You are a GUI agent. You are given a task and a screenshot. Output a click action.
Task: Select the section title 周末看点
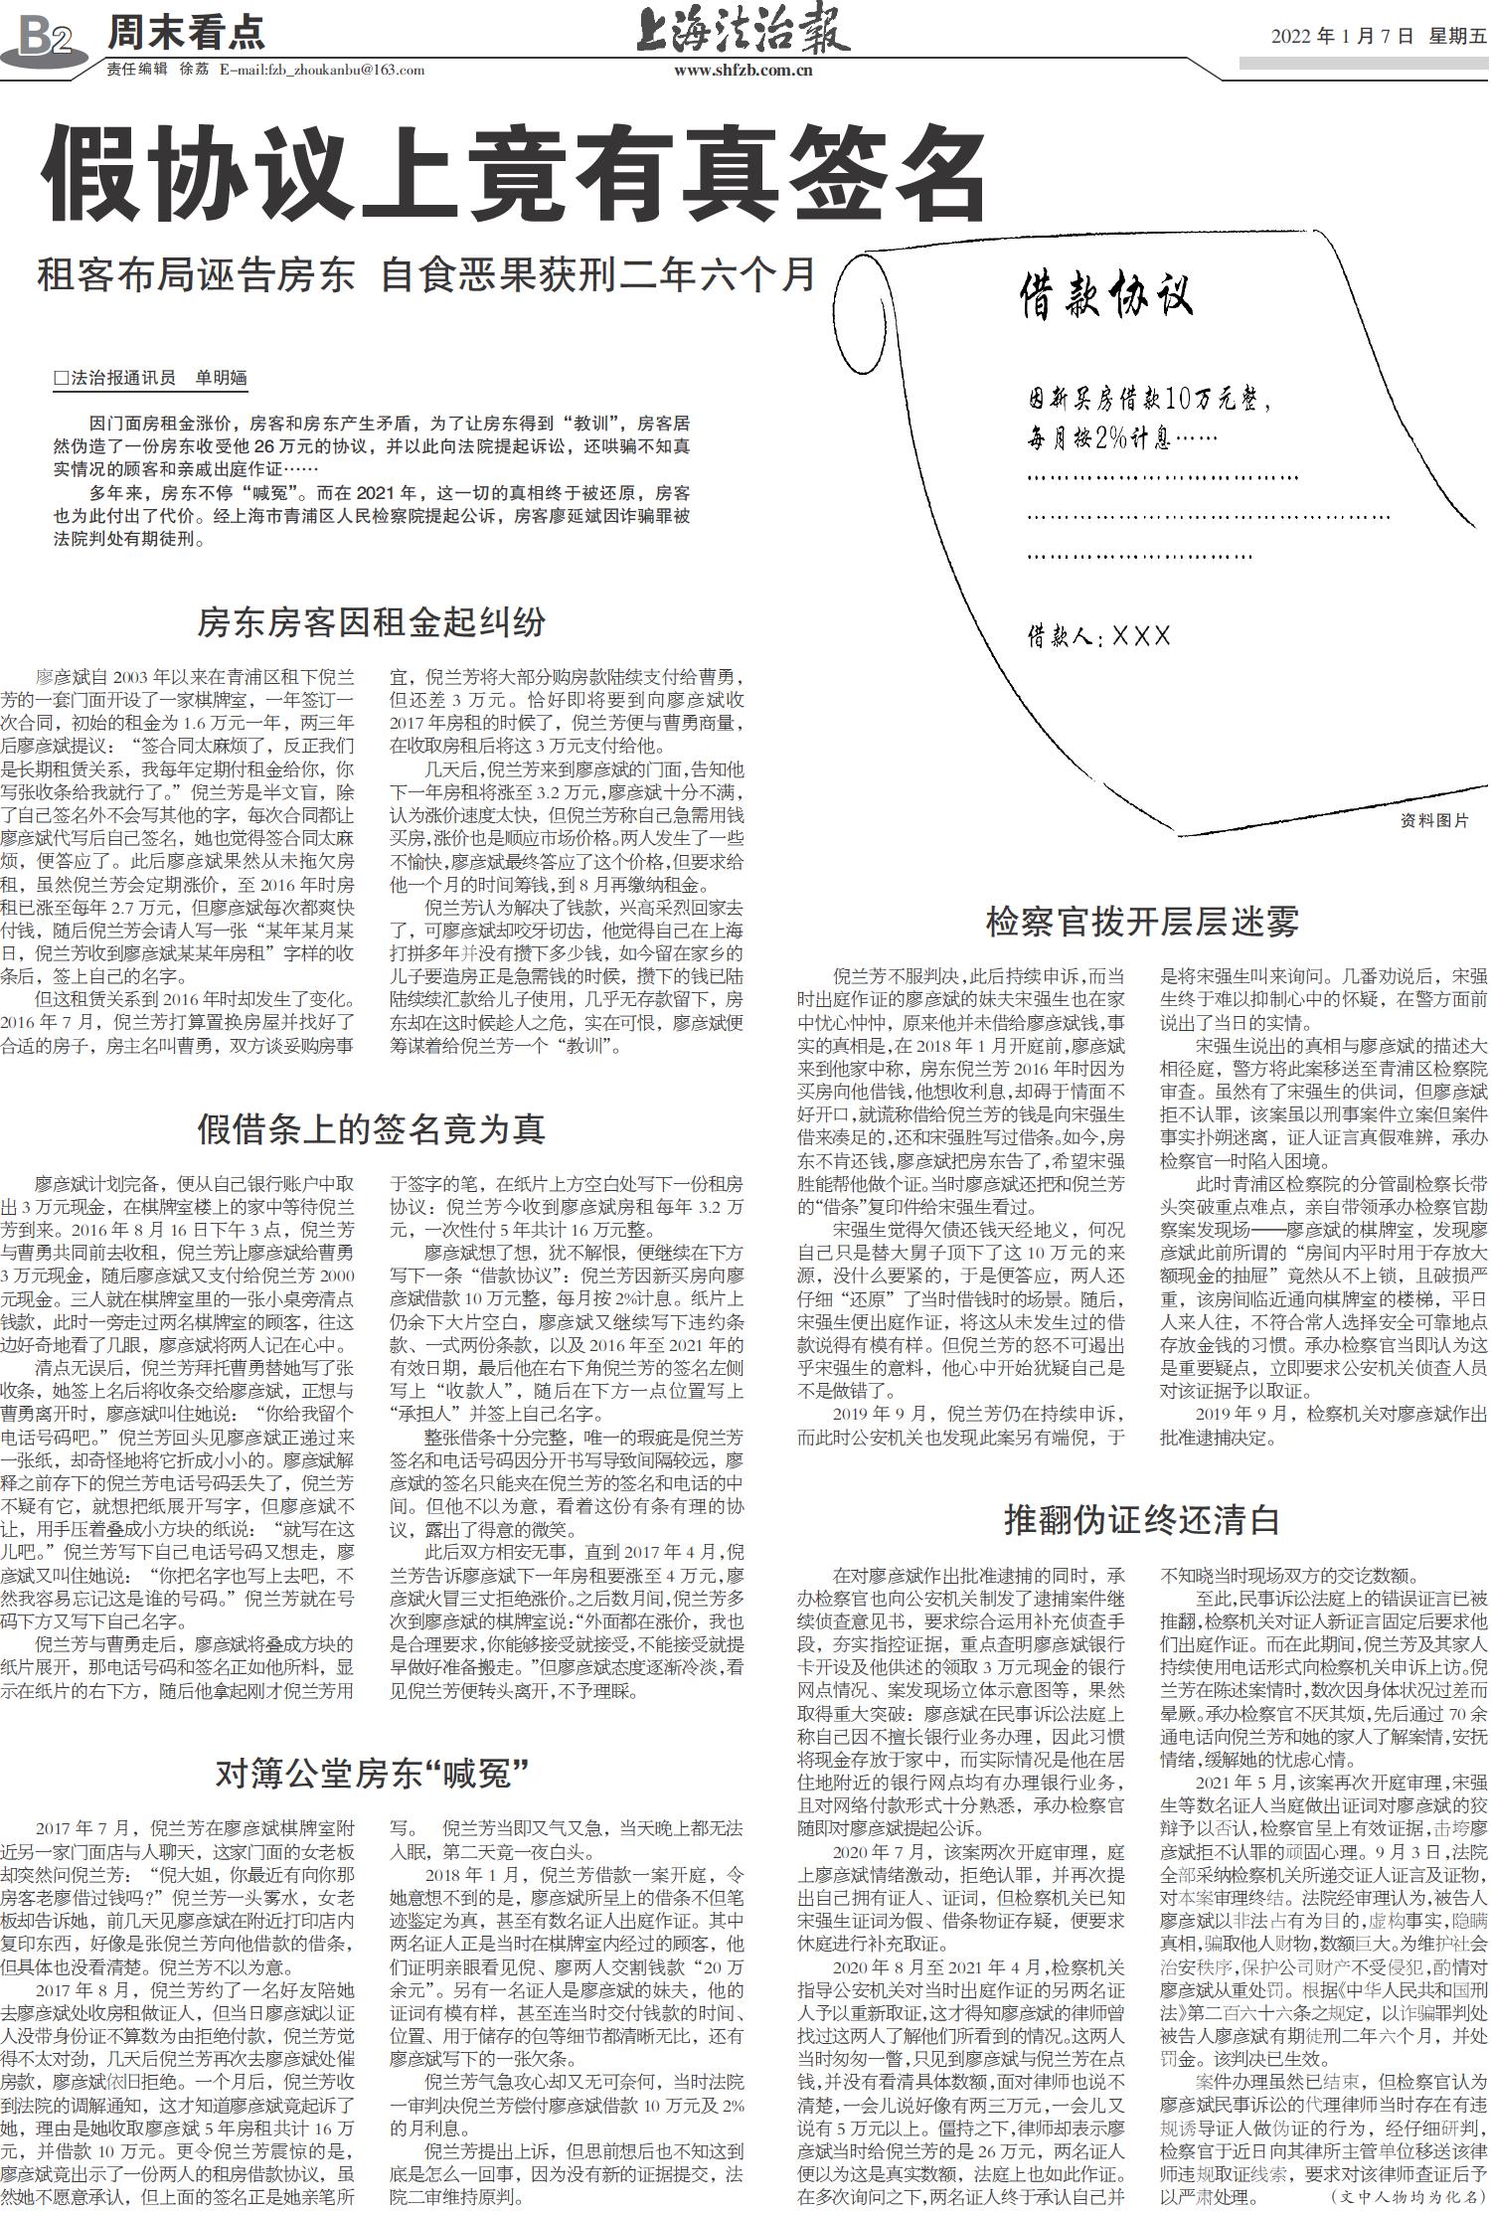[186, 34]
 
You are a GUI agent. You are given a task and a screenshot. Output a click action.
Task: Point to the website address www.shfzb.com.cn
[744, 71]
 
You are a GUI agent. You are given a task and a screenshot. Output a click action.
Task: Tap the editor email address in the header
[321, 71]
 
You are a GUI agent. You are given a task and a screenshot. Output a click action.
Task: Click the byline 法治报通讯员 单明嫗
[151, 377]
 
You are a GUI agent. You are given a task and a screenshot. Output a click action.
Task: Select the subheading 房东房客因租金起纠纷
[372, 623]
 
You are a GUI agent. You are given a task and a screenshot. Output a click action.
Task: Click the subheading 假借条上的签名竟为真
[372, 1129]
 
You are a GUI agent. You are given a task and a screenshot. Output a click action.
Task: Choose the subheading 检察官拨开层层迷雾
[1142, 922]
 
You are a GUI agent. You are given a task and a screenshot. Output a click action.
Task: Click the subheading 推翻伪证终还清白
[1142, 1520]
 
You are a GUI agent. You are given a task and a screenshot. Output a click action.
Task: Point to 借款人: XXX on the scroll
[1099, 636]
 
